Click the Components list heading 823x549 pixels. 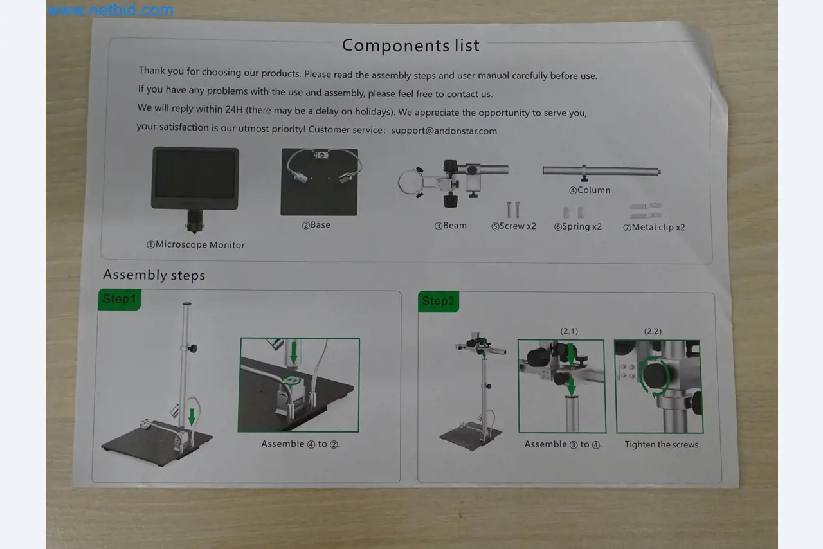click(410, 46)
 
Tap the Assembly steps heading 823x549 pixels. click(154, 275)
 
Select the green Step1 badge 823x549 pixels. click(119, 300)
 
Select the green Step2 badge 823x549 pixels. click(438, 301)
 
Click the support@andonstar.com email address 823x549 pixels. click(444, 130)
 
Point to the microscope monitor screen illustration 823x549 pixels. click(195, 176)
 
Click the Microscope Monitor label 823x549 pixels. click(195, 244)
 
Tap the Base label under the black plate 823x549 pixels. click(316, 225)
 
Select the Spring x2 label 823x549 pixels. click(577, 226)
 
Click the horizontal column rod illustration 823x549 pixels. click(601, 171)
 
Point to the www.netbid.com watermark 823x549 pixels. click(110, 10)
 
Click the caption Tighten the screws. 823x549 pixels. click(662, 444)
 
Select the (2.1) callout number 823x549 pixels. click(569, 331)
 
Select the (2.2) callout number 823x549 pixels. click(653, 331)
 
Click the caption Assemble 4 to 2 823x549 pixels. click(300, 444)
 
